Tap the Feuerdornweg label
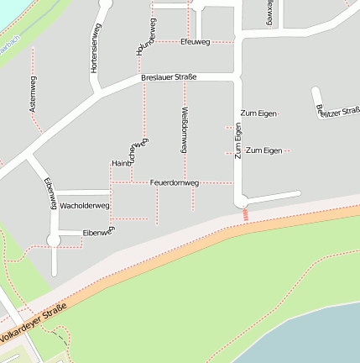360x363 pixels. click(x=174, y=182)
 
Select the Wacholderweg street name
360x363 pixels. click(x=86, y=206)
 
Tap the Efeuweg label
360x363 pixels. click(x=194, y=40)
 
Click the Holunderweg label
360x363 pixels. click(x=145, y=37)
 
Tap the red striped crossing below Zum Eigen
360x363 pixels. click(x=245, y=214)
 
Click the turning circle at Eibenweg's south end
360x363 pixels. click(x=54, y=241)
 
